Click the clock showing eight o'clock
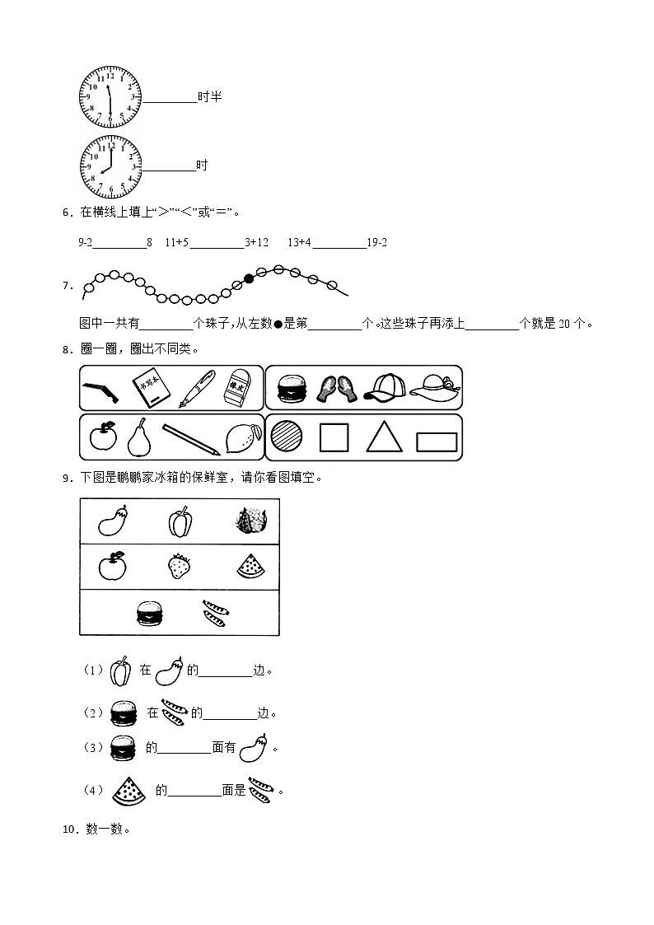pyautogui.click(x=110, y=167)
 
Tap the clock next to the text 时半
pyautogui.click(x=110, y=98)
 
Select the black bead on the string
pyautogui.click(x=248, y=278)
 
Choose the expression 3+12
pyautogui.click(x=257, y=243)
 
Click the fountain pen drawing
pyautogui.click(x=197, y=388)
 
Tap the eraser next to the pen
pyautogui.click(x=238, y=387)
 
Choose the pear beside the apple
pyautogui.click(x=138, y=437)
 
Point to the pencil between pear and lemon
pyautogui.click(x=190, y=439)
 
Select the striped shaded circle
pyautogui.click(x=287, y=437)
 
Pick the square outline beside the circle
pyautogui.click(x=334, y=437)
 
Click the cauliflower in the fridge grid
pyautogui.click(x=248, y=521)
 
